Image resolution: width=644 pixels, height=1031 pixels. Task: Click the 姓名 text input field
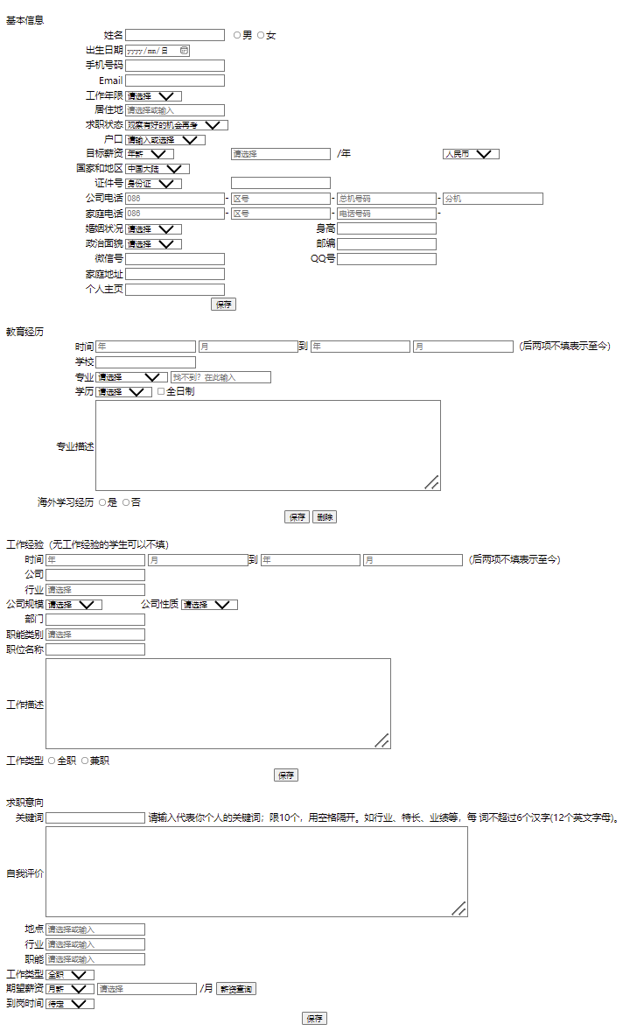175,35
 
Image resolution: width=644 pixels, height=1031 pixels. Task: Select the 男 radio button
237,35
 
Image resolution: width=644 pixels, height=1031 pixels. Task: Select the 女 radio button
261,35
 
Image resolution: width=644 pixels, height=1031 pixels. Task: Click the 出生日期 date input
157,51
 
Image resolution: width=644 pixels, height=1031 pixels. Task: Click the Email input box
175,81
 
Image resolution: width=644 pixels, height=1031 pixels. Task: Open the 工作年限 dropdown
153,95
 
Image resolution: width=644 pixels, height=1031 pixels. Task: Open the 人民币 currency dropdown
471,154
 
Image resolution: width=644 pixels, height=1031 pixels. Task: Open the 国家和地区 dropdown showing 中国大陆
157,169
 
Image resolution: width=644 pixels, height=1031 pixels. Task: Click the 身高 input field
386,228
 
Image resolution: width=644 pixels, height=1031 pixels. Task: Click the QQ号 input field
386,259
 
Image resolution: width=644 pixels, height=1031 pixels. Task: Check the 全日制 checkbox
161,391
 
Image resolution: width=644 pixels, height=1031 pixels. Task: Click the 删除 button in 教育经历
325,517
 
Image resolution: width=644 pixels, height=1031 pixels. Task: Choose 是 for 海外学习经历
102,502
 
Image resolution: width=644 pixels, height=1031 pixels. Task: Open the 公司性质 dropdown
209,605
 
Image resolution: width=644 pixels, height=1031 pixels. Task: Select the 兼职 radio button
85,761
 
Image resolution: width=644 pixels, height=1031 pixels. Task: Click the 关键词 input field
95,818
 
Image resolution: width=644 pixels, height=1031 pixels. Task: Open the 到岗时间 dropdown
70,1004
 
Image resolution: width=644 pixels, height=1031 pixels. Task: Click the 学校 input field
145,362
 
